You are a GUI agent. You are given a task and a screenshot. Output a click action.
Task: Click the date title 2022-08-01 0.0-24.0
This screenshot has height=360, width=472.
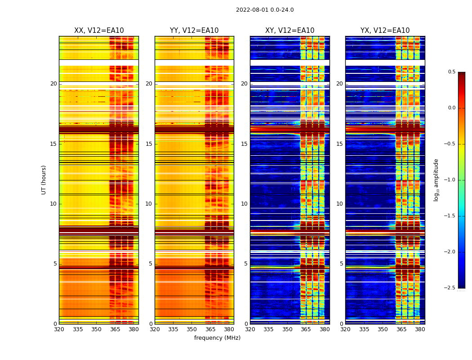pyautogui.click(x=265, y=10)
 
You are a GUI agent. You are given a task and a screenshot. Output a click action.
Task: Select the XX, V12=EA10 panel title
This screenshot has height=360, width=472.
pyautogui.click(x=99, y=31)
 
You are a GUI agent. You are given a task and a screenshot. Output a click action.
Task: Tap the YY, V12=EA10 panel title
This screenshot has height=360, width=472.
pyautogui.click(x=194, y=31)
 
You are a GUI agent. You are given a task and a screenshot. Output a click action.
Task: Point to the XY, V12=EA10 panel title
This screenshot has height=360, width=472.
pyautogui.click(x=290, y=31)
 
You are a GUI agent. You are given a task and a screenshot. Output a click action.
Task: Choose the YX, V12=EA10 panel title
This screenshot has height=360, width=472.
pyautogui.click(x=385, y=31)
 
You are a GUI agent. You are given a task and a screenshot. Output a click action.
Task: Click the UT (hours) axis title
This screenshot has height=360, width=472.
pyautogui.click(x=44, y=180)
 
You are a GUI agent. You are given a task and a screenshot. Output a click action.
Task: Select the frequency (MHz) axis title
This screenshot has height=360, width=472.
pyautogui.click(x=217, y=338)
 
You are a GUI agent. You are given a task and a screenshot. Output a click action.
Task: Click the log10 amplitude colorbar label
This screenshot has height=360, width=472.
pyautogui.click(x=436, y=180)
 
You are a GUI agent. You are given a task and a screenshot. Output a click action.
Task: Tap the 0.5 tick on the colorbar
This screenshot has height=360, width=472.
pyautogui.click(x=452, y=72)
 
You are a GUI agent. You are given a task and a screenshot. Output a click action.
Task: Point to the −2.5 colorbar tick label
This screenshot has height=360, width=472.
pyautogui.click(x=450, y=288)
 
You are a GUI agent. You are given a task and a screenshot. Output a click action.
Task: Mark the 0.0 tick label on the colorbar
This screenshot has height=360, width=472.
pyautogui.click(x=452, y=108)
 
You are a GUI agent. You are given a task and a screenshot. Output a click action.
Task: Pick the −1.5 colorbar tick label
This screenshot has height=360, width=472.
pyautogui.click(x=450, y=216)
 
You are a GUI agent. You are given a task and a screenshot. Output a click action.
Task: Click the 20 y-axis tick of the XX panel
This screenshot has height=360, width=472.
pyautogui.click(x=53, y=84)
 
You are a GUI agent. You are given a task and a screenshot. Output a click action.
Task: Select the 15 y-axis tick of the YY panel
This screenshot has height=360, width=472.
pyautogui.click(x=149, y=144)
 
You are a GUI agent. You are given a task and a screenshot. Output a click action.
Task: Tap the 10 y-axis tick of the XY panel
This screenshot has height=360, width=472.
pyautogui.click(x=244, y=204)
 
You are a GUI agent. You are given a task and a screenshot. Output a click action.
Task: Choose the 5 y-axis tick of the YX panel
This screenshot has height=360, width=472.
pyautogui.click(x=342, y=264)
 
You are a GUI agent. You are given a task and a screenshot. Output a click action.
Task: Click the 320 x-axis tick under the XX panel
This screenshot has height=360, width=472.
pyautogui.click(x=59, y=329)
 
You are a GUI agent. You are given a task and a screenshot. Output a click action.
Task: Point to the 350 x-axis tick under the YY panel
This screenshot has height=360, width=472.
pyautogui.click(x=191, y=329)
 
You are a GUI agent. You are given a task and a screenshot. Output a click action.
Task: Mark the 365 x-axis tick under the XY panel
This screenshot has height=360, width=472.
pyautogui.click(x=306, y=329)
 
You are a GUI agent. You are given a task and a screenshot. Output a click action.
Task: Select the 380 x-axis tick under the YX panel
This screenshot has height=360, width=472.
pyautogui.click(x=420, y=329)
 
